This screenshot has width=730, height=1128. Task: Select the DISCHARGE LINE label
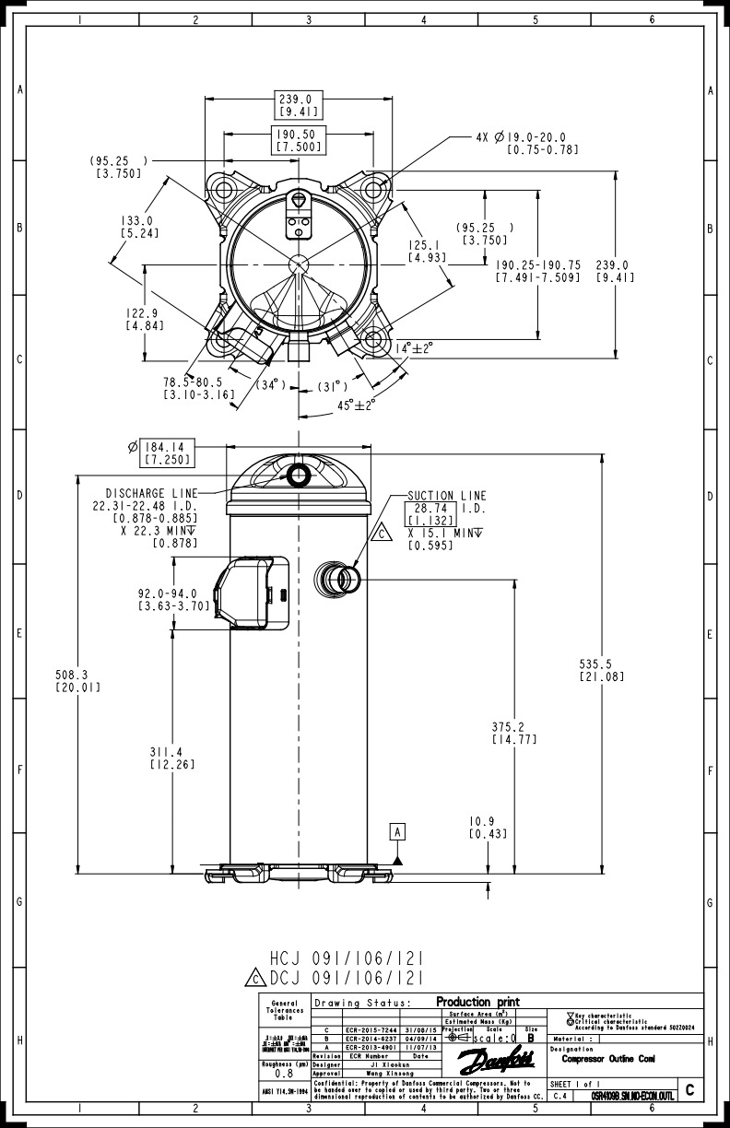pos(152,493)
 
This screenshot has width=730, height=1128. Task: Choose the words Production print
pos(477,1002)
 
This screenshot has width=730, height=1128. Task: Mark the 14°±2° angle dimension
pos(414,348)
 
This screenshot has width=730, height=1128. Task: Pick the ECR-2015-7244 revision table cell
pos(369,1029)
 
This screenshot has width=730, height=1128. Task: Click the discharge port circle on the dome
pos(299,476)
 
